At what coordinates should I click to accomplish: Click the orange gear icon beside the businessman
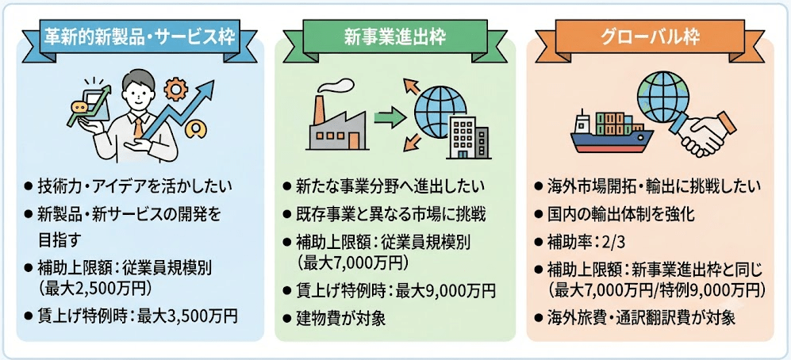click(x=176, y=90)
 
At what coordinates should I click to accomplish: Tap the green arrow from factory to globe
click(x=390, y=118)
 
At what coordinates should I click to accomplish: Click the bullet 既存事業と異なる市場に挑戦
click(x=391, y=214)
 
